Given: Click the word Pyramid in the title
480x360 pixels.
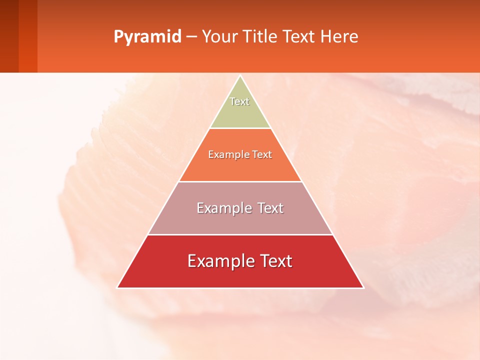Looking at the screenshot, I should point(147,37).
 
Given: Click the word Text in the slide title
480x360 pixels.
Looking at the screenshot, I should point(299,37).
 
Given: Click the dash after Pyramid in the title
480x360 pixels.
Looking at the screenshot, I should point(191,37).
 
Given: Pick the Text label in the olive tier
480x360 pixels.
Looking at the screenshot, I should point(239,101).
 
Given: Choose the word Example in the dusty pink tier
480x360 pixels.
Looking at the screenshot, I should point(224,208).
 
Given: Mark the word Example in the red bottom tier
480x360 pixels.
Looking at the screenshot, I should point(219,261).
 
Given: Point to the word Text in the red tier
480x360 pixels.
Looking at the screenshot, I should point(276,261).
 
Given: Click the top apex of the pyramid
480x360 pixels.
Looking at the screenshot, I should point(240,76).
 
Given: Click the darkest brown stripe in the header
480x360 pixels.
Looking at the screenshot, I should point(9,36).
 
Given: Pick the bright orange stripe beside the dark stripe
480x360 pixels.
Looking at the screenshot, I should point(28,36).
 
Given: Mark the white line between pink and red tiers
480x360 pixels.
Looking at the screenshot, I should point(240,234).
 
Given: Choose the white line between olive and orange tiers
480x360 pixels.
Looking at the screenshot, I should point(240,128).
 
